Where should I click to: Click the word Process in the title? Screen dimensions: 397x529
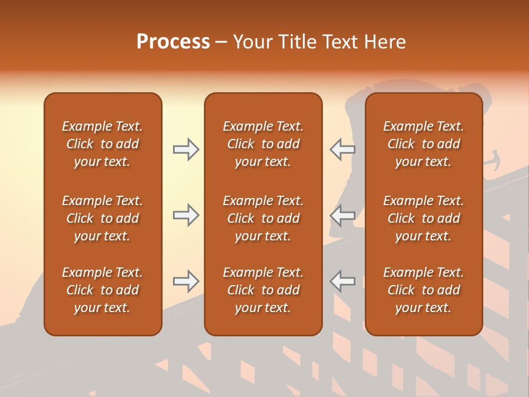pyautogui.click(x=173, y=42)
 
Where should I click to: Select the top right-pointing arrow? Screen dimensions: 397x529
pyautogui.click(x=186, y=149)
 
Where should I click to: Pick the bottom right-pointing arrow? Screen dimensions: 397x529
pyautogui.click(x=186, y=281)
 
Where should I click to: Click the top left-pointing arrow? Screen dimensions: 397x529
pyautogui.click(x=342, y=149)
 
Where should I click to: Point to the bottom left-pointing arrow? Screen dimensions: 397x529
pyautogui.click(x=342, y=281)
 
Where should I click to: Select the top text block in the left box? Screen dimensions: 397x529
pyautogui.click(x=102, y=144)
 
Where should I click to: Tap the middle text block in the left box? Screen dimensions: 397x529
pyautogui.click(x=102, y=218)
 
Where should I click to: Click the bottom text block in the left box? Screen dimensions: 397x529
pyautogui.click(x=102, y=290)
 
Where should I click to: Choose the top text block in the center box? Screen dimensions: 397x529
pyautogui.click(x=263, y=144)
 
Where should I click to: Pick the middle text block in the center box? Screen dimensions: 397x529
pyautogui.click(x=263, y=218)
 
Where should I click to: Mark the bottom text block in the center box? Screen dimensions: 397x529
pyautogui.click(x=263, y=290)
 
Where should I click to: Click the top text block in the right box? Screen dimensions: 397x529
pyautogui.click(x=423, y=144)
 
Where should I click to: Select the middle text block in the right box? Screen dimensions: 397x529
pyautogui.click(x=423, y=218)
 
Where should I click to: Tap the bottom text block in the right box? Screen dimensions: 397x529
pyautogui.click(x=423, y=290)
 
